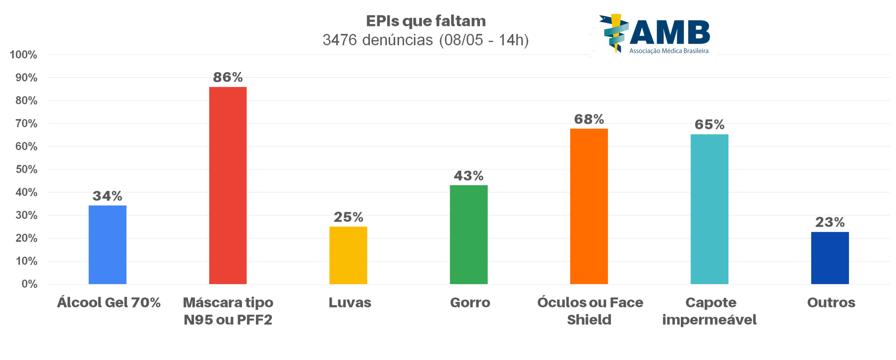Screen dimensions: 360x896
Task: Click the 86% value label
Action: coord(227,77)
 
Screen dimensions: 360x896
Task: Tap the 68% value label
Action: coord(589,119)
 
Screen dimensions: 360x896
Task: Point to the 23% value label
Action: coord(829,222)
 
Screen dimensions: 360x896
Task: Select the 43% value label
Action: coord(468,175)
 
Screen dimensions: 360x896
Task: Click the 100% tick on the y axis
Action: coord(23,55)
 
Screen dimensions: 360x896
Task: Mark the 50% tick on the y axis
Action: coord(26,169)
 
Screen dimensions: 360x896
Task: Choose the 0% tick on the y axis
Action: coord(29,284)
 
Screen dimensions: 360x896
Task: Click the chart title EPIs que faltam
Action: coord(426,21)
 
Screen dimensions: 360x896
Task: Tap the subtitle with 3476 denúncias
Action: coord(426,40)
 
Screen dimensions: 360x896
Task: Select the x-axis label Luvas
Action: coord(349,302)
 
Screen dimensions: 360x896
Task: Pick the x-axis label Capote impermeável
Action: coord(709,311)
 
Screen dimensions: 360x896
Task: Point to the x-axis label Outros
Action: coord(831,302)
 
